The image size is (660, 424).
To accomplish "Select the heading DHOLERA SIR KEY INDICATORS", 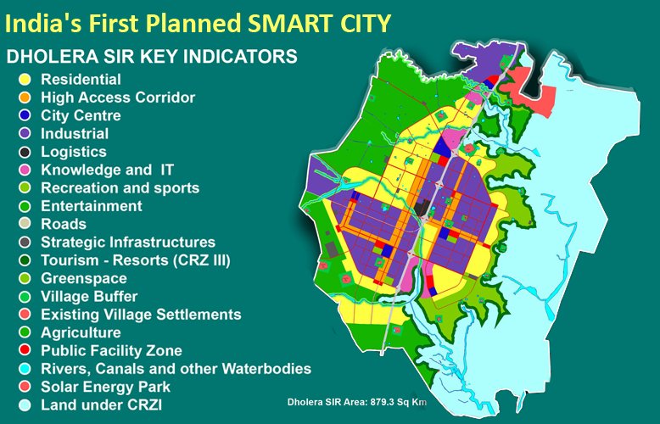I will coord(151,58).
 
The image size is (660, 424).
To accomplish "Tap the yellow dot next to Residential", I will coord(25,80).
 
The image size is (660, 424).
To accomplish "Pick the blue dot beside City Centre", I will coord(25,116).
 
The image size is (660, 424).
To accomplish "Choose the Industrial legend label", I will coord(75,133).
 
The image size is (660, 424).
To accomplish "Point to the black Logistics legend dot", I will coord(25,152).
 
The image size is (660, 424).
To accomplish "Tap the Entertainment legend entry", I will coord(92,206).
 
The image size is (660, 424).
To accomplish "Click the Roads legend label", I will coord(64,224).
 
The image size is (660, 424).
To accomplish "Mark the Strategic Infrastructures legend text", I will coord(128,243).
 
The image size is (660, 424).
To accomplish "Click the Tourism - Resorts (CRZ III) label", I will coord(136,260).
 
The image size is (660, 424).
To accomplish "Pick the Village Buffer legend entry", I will coord(89,297).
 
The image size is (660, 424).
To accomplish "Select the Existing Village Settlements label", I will coord(141,315).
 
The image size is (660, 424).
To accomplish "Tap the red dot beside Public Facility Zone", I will coord(25,351).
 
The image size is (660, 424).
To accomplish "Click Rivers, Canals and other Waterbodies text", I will coord(176,369).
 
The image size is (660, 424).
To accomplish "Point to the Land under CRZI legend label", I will coord(101,405).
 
